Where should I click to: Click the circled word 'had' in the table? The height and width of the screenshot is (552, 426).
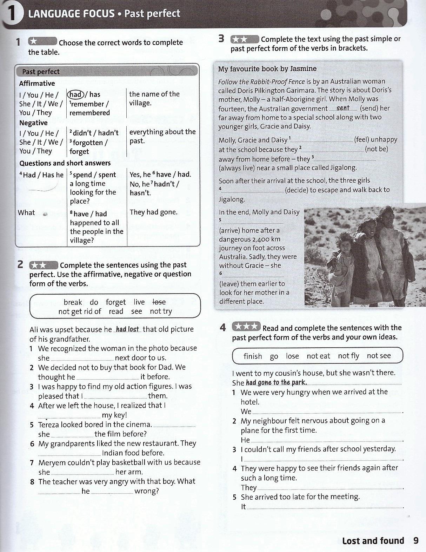(x=76, y=94)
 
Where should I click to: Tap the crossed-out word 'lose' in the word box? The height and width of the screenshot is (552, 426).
(x=159, y=302)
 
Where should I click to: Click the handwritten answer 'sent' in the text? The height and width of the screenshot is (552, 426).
(x=343, y=108)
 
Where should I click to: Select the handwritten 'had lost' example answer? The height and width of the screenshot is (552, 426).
(x=127, y=329)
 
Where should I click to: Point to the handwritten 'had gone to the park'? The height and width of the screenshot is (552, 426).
(x=276, y=382)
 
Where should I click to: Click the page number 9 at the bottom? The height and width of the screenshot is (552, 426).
(x=416, y=540)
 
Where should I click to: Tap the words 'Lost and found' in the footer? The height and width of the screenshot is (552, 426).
(x=373, y=541)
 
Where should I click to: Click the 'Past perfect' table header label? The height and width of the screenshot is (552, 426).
(x=41, y=72)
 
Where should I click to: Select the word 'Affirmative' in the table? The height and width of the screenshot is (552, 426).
(x=37, y=83)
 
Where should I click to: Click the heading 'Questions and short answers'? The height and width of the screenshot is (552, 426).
(x=65, y=163)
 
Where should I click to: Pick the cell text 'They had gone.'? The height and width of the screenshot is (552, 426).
(x=153, y=212)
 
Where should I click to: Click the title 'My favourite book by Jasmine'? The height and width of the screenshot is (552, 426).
(x=267, y=69)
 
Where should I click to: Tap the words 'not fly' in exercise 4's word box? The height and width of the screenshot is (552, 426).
(x=348, y=356)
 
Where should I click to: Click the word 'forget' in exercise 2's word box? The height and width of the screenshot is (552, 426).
(x=115, y=302)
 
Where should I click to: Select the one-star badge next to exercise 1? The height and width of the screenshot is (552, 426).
(x=42, y=42)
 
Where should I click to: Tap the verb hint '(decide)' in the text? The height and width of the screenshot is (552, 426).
(x=298, y=190)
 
